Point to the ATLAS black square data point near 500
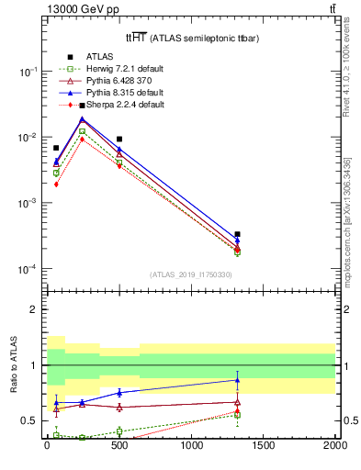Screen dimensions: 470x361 pyautogui.click(x=119, y=139)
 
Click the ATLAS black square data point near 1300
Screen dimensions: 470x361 pyautogui.click(x=237, y=234)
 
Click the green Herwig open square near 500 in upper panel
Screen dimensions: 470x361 pyautogui.click(x=119, y=162)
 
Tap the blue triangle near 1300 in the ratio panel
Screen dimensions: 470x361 pyautogui.click(x=237, y=379)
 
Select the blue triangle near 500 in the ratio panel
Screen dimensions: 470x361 pyautogui.click(x=119, y=392)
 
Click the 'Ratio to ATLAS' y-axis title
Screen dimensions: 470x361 pyautogui.click(x=14, y=365)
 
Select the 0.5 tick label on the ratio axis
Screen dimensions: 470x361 pyautogui.click(x=30, y=420)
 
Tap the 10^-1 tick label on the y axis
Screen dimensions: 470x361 pyautogui.click(x=28, y=72)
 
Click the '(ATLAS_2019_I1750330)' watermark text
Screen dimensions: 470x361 pyautogui.click(x=191, y=274)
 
